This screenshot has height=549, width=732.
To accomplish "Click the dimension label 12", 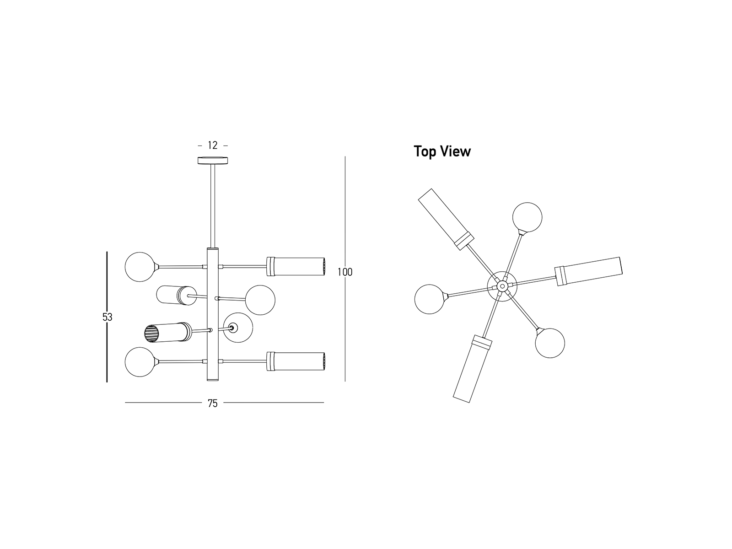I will pyautogui.click(x=213, y=145).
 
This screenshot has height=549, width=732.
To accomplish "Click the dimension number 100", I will pyautogui.click(x=345, y=272).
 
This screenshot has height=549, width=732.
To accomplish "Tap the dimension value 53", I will pyautogui.click(x=107, y=317).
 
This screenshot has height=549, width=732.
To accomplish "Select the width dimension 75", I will pyautogui.click(x=213, y=404).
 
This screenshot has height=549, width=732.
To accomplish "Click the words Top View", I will pyautogui.click(x=442, y=151).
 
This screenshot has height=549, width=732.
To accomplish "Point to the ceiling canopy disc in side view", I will pyautogui.click(x=213, y=161).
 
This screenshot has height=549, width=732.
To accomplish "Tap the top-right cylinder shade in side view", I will pyautogui.click(x=296, y=266).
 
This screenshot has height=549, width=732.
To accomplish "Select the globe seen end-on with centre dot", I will pyautogui.click(x=237, y=328).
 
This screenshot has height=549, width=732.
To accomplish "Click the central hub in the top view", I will pyautogui.click(x=502, y=286).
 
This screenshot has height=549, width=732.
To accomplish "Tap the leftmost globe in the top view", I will pyautogui.click(x=430, y=300).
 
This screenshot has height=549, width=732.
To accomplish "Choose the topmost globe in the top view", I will pyautogui.click(x=527, y=217).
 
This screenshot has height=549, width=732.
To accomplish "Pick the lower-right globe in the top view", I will pyautogui.click(x=549, y=343).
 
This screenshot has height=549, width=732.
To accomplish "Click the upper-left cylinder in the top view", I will pyautogui.click(x=446, y=219).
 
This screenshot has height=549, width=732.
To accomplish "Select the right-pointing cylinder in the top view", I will pyautogui.click(x=589, y=272).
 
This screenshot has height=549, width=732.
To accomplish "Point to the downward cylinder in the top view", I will pyautogui.click(x=472, y=368).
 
